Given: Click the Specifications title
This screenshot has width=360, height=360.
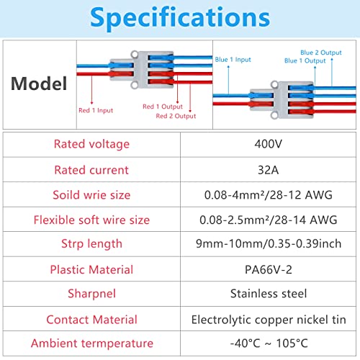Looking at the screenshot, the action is (x=180, y=18).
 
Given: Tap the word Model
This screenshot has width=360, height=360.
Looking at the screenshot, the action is (x=39, y=84).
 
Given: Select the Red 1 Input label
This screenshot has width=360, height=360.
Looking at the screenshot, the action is (x=96, y=110).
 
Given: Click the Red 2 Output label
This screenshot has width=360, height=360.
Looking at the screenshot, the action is (x=176, y=116).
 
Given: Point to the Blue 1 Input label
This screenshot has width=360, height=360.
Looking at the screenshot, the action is (x=233, y=60).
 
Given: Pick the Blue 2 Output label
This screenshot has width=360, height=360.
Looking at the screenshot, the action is (x=321, y=53).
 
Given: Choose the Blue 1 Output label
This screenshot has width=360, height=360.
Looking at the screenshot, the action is (x=305, y=60).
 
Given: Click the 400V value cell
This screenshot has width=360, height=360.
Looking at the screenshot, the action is (x=269, y=144).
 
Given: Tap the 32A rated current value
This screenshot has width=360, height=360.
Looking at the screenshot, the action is (x=269, y=170).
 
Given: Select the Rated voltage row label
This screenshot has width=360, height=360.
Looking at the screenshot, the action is (x=91, y=144).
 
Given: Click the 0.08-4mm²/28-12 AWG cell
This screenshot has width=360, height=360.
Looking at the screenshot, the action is (x=269, y=194).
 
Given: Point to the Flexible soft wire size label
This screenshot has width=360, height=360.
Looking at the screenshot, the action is (x=91, y=220).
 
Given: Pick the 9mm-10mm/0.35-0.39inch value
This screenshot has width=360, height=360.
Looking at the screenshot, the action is (x=269, y=243).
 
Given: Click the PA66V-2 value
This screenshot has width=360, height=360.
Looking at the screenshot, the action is (x=269, y=269).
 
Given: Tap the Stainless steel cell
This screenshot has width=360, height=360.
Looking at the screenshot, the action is (x=269, y=294).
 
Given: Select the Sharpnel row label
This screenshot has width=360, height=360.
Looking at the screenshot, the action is (x=91, y=294).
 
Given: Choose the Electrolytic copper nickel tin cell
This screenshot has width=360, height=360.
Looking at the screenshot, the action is (x=269, y=320).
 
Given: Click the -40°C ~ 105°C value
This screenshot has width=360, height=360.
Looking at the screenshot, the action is (x=269, y=343).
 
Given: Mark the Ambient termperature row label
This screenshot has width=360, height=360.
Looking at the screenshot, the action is (x=91, y=343).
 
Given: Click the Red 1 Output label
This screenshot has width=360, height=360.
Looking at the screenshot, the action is (x=163, y=107).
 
